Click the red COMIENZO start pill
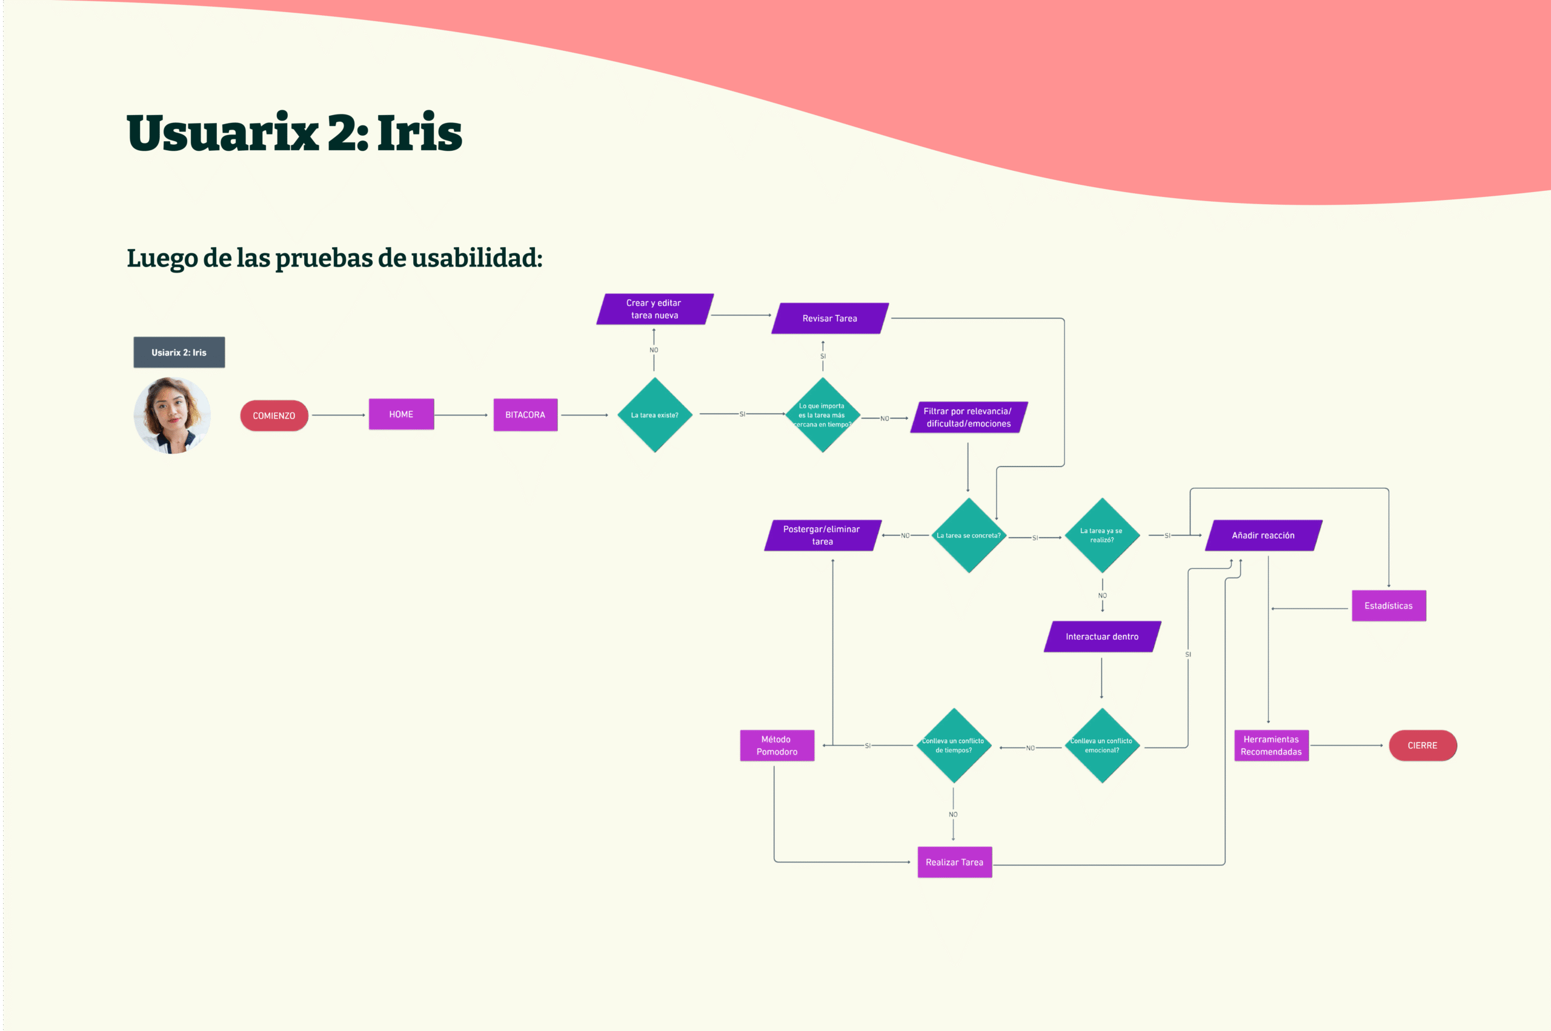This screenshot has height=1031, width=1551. pos(274,416)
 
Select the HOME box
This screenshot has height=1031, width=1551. pos(401,414)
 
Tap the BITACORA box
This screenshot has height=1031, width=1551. pos(525,415)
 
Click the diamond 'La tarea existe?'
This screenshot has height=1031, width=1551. pos(655,415)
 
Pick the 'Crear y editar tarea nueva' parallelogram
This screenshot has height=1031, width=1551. pos(654,309)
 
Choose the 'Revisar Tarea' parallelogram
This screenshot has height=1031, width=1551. pos(830,318)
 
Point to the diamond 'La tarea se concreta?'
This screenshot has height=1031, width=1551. pos(969,535)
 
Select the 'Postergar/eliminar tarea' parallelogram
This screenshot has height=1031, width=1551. pos(822,535)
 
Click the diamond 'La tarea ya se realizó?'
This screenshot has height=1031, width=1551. pos(1102,535)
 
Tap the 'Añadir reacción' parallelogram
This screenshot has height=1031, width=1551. pos(1263,535)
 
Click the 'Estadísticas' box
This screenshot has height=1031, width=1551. pos(1389,606)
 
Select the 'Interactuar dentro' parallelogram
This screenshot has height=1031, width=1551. pos(1102,637)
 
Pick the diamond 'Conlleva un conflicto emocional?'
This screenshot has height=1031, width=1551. pos(1102,745)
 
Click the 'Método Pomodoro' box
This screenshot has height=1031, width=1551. pos(777,746)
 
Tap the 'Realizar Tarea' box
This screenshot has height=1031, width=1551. pos(955,862)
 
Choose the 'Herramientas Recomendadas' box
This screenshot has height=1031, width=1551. pos(1271,746)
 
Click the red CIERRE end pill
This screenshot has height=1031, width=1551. pos(1423,746)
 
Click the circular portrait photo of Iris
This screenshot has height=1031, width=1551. pos(172,416)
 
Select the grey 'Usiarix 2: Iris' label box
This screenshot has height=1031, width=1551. pos(179,353)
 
